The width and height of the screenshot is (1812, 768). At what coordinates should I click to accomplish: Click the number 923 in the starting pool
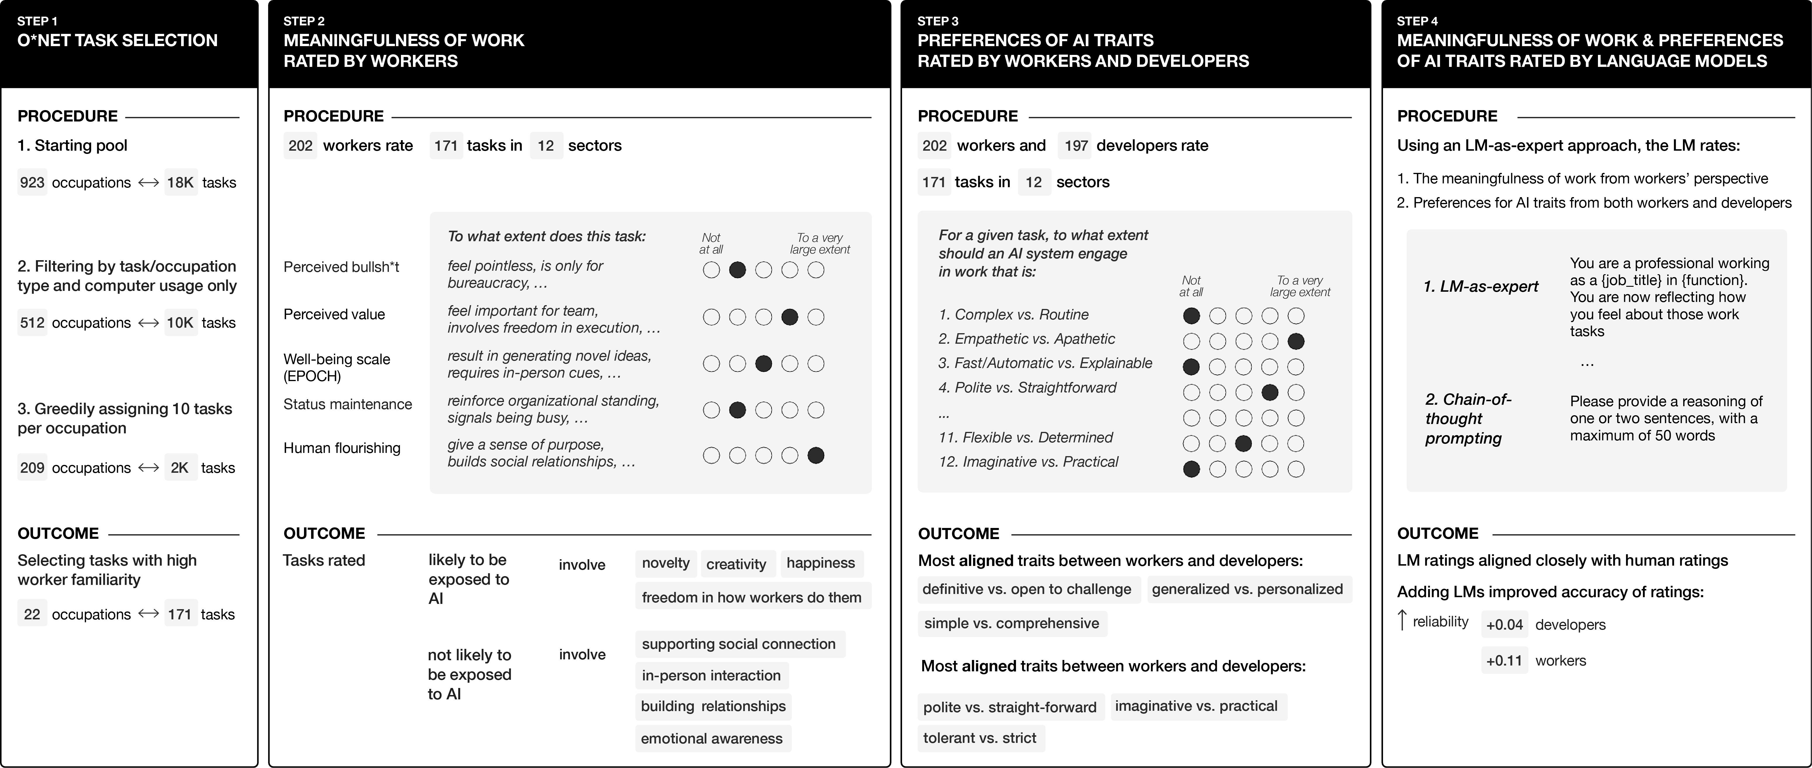[x=32, y=183]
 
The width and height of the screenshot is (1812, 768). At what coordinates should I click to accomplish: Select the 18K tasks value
[x=180, y=183]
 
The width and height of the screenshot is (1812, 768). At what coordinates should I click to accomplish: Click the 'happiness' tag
[x=820, y=563]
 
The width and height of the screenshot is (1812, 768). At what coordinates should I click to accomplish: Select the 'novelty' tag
[x=666, y=563]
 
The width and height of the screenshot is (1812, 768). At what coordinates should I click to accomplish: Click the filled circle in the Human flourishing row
[x=816, y=456]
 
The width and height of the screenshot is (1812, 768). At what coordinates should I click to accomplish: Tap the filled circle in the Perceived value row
[x=790, y=317]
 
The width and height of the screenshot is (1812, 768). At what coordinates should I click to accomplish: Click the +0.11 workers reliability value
[x=1504, y=661]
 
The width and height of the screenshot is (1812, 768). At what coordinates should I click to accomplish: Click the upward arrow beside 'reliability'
[x=1402, y=620]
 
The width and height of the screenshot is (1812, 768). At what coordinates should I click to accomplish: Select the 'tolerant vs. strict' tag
[x=979, y=738]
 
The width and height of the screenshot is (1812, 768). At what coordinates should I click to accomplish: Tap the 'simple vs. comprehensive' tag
[x=1012, y=623]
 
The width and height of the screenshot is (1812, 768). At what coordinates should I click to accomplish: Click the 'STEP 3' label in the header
[x=938, y=21]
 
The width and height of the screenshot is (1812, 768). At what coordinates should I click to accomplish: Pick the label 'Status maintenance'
[x=348, y=404]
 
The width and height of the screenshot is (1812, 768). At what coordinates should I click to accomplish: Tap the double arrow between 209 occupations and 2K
[x=148, y=468]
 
